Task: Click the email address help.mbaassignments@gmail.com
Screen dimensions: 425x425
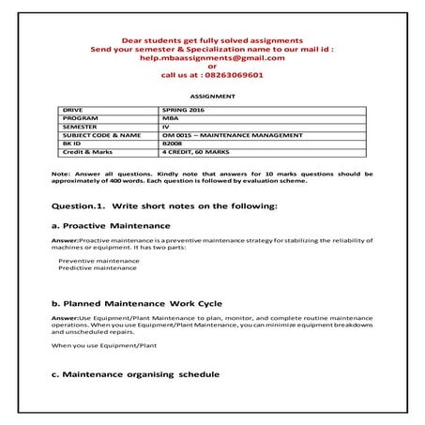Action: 212,57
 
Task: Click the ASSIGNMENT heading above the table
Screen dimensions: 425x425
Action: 212,96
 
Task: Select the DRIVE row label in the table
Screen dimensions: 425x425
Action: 71,111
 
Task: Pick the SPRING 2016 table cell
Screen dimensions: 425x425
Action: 183,111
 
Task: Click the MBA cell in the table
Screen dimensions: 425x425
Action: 170,118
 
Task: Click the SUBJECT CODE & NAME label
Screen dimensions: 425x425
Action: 99,135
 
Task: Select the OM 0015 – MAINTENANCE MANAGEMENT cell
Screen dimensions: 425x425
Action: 225,135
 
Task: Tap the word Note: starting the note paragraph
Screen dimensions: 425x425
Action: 60,174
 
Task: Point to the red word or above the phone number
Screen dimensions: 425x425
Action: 212,66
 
